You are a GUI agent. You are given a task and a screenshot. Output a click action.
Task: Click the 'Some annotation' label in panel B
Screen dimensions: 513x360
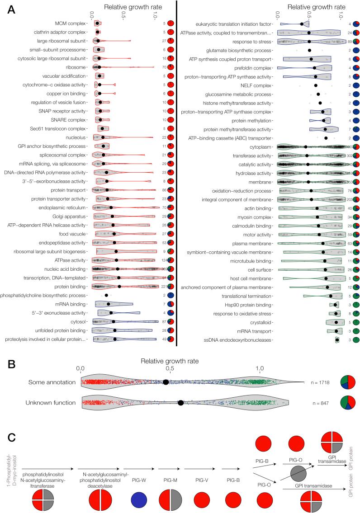click(50, 382)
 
